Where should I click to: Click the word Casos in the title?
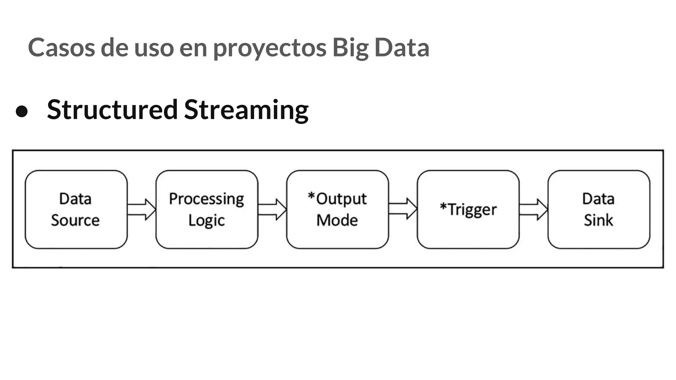point(61,48)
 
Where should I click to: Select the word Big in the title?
point(351,48)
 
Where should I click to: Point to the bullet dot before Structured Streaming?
point(22,111)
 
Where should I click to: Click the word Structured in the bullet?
point(112,110)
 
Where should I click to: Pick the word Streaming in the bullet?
point(246,110)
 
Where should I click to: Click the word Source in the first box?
point(75,220)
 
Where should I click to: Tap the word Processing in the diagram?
point(207,199)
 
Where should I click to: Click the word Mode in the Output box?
point(337,220)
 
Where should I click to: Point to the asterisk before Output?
point(311,197)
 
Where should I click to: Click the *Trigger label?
point(468,210)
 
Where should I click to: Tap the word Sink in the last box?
point(598,220)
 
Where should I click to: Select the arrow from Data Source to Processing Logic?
point(141,209)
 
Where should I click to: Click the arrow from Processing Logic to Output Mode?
point(272,209)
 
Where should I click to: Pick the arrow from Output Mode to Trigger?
point(403,209)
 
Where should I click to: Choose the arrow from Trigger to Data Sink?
point(533,209)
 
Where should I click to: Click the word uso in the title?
point(154,48)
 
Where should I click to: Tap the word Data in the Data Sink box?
point(598,199)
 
